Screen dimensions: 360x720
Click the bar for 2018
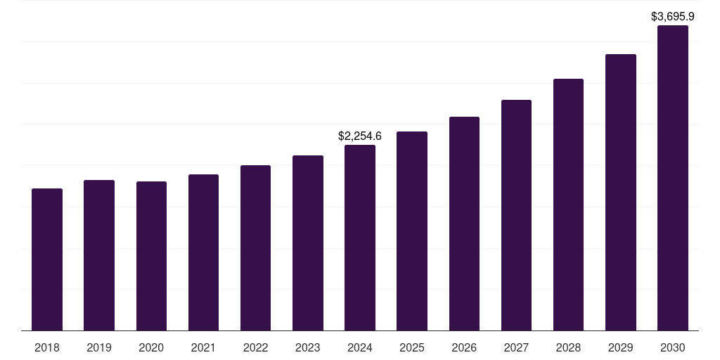point(47,259)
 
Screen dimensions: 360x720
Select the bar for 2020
point(151,256)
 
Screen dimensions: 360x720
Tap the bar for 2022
point(255,247)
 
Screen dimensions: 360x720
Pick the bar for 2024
point(360,238)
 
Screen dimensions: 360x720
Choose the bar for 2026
point(464,224)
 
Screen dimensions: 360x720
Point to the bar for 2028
point(568,205)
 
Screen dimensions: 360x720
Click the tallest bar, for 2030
point(673,178)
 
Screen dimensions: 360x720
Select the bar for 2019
point(99,255)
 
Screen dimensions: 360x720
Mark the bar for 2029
point(621,192)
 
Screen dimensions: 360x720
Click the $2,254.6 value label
point(360,136)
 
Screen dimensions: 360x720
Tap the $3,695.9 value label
point(673,15)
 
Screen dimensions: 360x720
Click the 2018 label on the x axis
point(47,347)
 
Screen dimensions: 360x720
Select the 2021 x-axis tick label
point(203,347)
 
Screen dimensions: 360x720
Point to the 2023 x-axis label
point(308,347)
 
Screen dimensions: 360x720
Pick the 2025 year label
point(412,347)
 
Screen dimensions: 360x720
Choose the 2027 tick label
point(516,347)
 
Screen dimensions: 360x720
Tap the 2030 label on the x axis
point(673,347)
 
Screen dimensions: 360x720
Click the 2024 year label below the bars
point(360,347)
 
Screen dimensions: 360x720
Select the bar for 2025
point(412,231)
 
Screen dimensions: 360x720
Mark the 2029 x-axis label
point(621,347)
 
